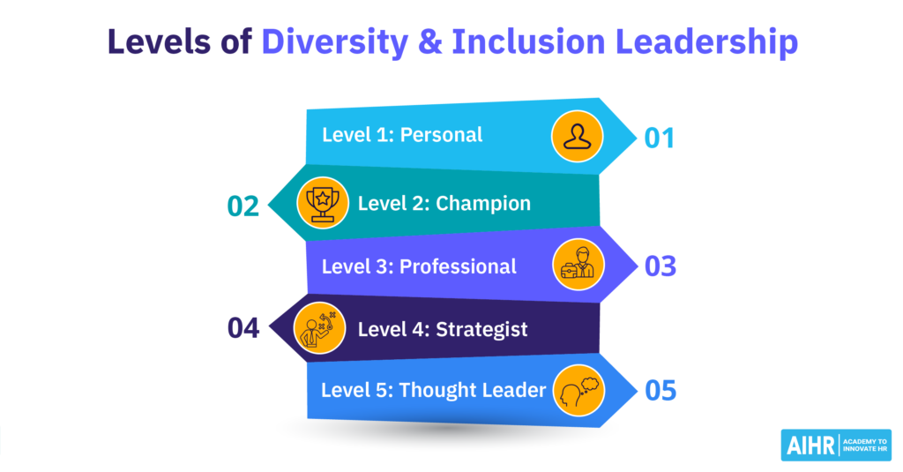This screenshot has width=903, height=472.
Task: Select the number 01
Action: click(x=659, y=138)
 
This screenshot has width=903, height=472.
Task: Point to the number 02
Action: click(x=243, y=206)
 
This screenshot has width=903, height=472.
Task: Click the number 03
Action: click(x=659, y=266)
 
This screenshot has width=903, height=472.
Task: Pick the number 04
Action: click(x=243, y=328)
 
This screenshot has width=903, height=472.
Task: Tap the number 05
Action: click(x=659, y=389)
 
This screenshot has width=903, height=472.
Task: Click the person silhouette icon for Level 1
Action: click(x=578, y=137)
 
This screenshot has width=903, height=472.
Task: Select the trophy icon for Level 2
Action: click(x=322, y=203)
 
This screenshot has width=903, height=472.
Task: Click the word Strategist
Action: click(x=481, y=329)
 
